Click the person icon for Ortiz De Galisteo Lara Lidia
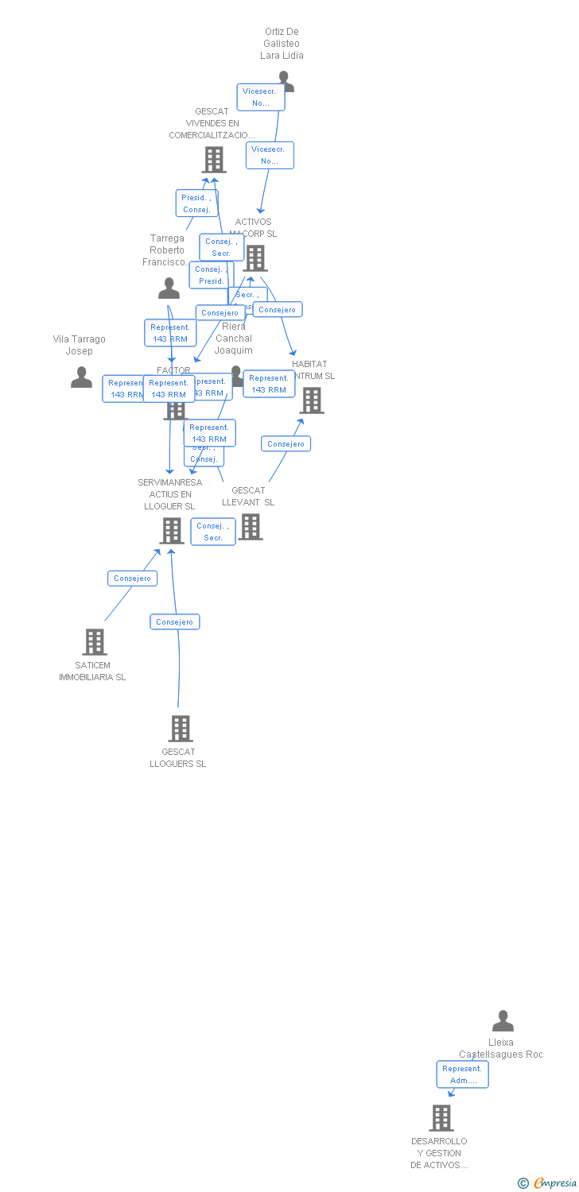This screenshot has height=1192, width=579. click(x=286, y=80)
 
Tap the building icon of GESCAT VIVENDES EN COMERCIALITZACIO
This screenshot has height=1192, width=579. click(x=213, y=160)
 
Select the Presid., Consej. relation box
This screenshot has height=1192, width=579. click(x=196, y=203)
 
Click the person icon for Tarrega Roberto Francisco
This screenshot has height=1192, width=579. click(x=169, y=288)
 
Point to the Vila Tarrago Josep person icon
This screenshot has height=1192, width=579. click(x=81, y=377)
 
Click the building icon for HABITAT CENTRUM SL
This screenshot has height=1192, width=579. click(x=312, y=401)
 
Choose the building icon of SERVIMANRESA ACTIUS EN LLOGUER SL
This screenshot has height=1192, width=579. click(x=172, y=531)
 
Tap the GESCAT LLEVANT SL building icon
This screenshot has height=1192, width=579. click(x=251, y=527)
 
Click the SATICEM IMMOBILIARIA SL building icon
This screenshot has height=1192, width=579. click(x=95, y=642)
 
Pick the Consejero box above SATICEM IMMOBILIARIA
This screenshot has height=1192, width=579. click(x=133, y=579)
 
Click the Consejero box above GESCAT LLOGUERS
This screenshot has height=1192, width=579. click(x=175, y=622)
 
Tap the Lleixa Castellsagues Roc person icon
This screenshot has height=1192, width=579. click(x=503, y=1021)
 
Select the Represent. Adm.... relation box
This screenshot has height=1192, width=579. click(x=462, y=1074)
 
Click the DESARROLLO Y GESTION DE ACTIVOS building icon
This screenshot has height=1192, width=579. click(x=441, y=1118)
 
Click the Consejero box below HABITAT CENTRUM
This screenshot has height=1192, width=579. click(x=286, y=444)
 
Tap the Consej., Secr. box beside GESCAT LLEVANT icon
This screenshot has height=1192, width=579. click(x=213, y=532)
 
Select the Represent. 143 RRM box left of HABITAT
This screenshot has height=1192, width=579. click(x=269, y=384)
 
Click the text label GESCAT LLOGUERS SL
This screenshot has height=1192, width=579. click(x=178, y=758)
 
